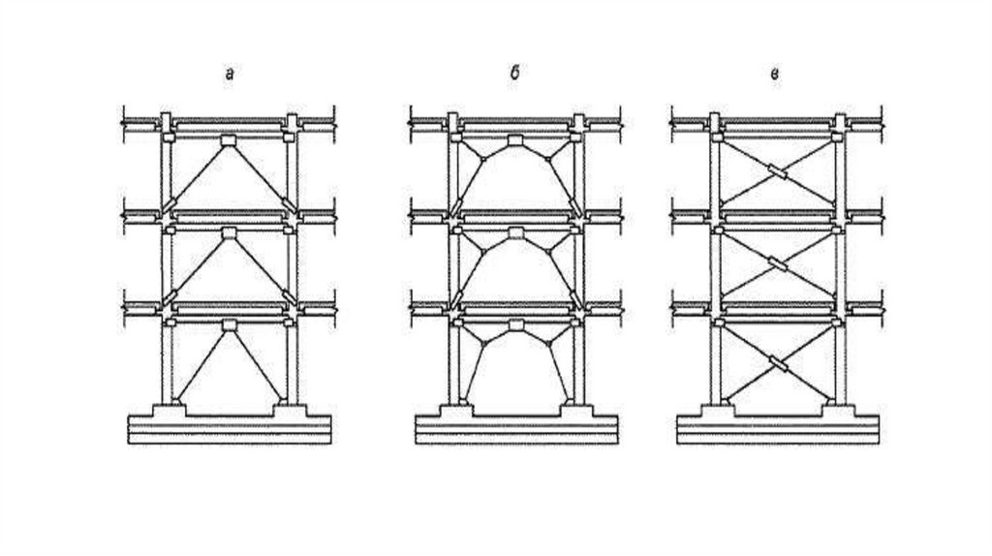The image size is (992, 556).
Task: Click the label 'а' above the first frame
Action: pos(229,75)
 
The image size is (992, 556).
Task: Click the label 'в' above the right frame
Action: pos(775,75)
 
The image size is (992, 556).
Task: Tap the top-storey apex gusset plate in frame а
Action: pos(229,141)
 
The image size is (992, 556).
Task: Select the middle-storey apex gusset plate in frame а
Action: pos(229,233)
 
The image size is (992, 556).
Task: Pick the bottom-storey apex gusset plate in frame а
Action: pos(229,325)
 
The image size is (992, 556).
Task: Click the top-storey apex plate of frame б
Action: pos(514,142)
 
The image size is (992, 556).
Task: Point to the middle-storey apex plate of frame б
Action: pos(514,234)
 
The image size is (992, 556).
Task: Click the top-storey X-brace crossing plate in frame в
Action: pos(777,173)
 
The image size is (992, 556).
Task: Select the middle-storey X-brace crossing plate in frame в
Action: pos(777,264)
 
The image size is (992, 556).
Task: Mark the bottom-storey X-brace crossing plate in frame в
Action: pos(777,364)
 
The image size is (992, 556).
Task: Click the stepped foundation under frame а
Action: pos(230,427)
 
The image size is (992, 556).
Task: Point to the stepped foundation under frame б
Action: pos(515,427)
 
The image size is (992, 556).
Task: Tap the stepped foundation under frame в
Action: pos(778,427)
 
